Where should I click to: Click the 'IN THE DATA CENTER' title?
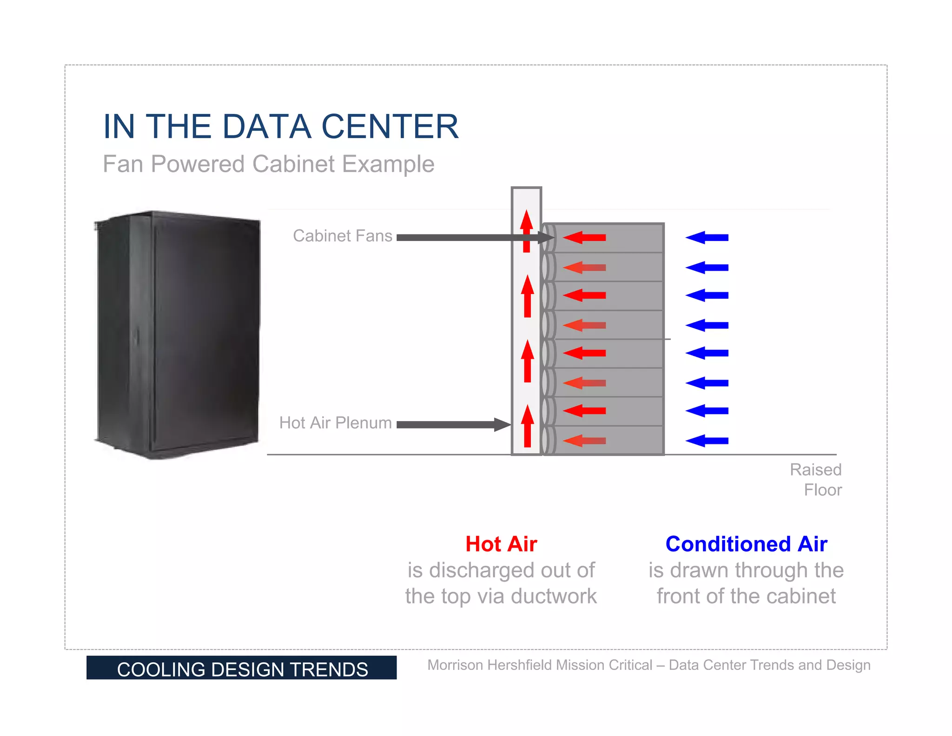pos(281,127)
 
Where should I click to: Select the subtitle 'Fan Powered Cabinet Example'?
pos(269,164)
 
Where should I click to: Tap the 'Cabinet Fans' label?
pos(343,236)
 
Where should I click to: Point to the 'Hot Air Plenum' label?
pos(336,423)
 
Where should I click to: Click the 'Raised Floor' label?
pos(816,480)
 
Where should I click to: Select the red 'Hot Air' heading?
pos(501,544)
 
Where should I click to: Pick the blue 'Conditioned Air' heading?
pos(746,544)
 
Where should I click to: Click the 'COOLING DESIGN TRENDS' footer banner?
pos(242,669)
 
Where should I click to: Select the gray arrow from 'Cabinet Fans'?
pos(469,238)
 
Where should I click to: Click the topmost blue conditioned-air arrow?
pos(707,238)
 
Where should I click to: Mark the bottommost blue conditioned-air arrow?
pos(707,441)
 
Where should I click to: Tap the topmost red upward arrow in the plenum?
pos(526,231)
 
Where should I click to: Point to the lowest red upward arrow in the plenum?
pos(527,426)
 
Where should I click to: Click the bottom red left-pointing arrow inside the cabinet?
pos(585,441)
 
